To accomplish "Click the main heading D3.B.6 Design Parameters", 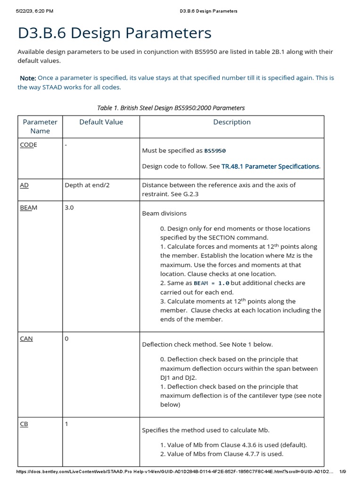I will tap(115, 33).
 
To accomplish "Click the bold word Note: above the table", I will tap(27, 78).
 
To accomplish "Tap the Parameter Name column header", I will tap(40, 126).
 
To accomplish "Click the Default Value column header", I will tap(101, 122).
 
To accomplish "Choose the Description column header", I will tap(231, 122).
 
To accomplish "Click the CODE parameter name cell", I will tap(28, 145).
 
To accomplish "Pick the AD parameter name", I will tap(24, 185).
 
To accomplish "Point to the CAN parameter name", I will tap(26, 339).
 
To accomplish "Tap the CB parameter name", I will tap(24, 424).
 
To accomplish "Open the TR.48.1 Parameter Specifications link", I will tap(270, 167).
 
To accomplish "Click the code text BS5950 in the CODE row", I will tap(215, 151).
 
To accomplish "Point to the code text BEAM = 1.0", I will tap(211, 283).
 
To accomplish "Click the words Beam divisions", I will tap(165, 213).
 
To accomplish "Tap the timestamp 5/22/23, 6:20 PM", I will tap(34, 10).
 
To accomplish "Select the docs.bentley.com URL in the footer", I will tap(174, 472).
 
